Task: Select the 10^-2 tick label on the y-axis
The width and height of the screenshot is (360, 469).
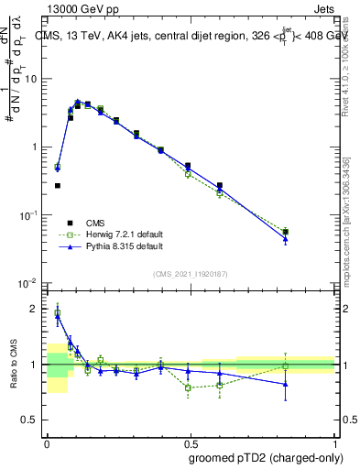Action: pos(31,282)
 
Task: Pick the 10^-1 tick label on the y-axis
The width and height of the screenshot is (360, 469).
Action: pos(31,214)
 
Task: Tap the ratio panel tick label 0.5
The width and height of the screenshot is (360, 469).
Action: pos(33,420)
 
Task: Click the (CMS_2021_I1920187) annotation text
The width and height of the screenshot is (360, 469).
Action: pos(191,272)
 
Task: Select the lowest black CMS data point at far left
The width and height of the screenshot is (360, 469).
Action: pos(57,185)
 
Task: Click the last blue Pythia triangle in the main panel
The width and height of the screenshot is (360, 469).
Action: pos(286,239)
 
